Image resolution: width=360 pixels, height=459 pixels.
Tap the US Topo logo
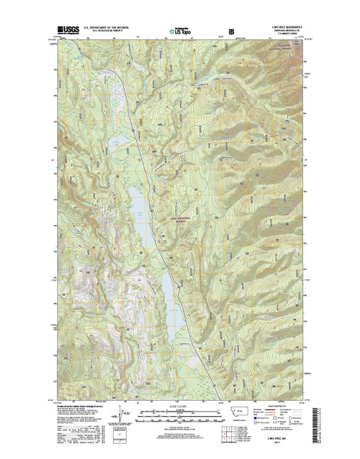pos(183,33)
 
